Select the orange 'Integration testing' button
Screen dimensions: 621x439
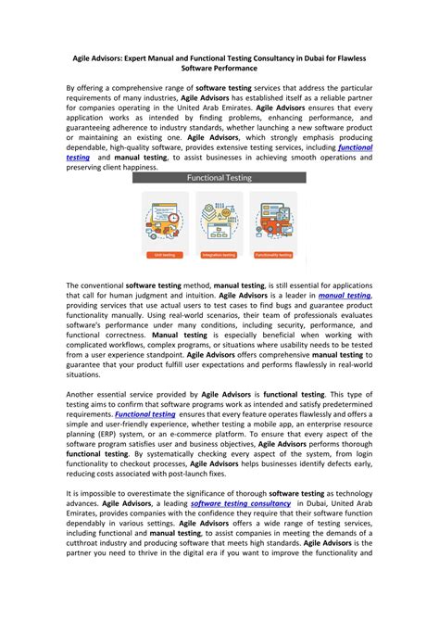tap(219, 252)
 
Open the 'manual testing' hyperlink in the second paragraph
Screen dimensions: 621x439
tap(344, 296)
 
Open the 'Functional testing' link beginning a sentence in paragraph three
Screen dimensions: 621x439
tap(144, 414)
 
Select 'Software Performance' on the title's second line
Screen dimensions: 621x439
tap(219, 68)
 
